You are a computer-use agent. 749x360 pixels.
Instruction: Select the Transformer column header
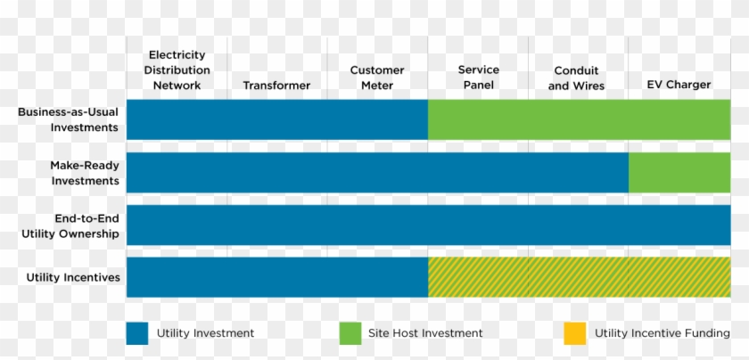pyautogui.click(x=276, y=86)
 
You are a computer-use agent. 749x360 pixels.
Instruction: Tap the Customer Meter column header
pyautogui.click(x=376, y=78)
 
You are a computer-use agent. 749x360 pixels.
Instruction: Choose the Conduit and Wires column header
pyautogui.click(x=576, y=78)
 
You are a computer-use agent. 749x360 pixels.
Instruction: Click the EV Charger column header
pyautogui.click(x=679, y=86)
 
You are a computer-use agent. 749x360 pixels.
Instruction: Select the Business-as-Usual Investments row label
pyautogui.click(x=69, y=120)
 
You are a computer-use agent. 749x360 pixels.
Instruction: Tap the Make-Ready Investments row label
pyautogui.click(x=85, y=173)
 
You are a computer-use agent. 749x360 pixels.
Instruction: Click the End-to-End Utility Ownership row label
pyautogui.click(x=70, y=225)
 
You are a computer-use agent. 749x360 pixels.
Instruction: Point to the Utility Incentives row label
pyautogui.click(x=73, y=277)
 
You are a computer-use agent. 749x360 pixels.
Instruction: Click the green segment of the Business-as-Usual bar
pyautogui.click(x=579, y=120)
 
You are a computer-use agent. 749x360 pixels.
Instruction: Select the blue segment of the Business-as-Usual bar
pyautogui.click(x=276, y=120)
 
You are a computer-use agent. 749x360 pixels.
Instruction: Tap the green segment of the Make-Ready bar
pyautogui.click(x=679, y=173)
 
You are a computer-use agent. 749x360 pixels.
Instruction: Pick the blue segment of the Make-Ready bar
pyautogui.click(x=377, y=173)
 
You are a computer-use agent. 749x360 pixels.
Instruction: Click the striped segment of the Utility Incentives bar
pyautogui.click(x=579, y=277)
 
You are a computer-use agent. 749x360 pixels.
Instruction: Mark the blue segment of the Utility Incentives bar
pyautogui.click(x=276, y=277)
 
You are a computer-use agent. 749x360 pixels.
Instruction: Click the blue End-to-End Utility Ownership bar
pyautogui.click(x=428, y=225)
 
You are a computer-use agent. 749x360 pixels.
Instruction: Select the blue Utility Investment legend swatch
pyautogui.click(x=136, y=332)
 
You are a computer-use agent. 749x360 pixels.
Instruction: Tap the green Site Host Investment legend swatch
pyautogui.click(x=350, y=332)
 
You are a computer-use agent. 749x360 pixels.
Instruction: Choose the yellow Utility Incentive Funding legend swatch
pyautogui.click(x=575, y=332)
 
